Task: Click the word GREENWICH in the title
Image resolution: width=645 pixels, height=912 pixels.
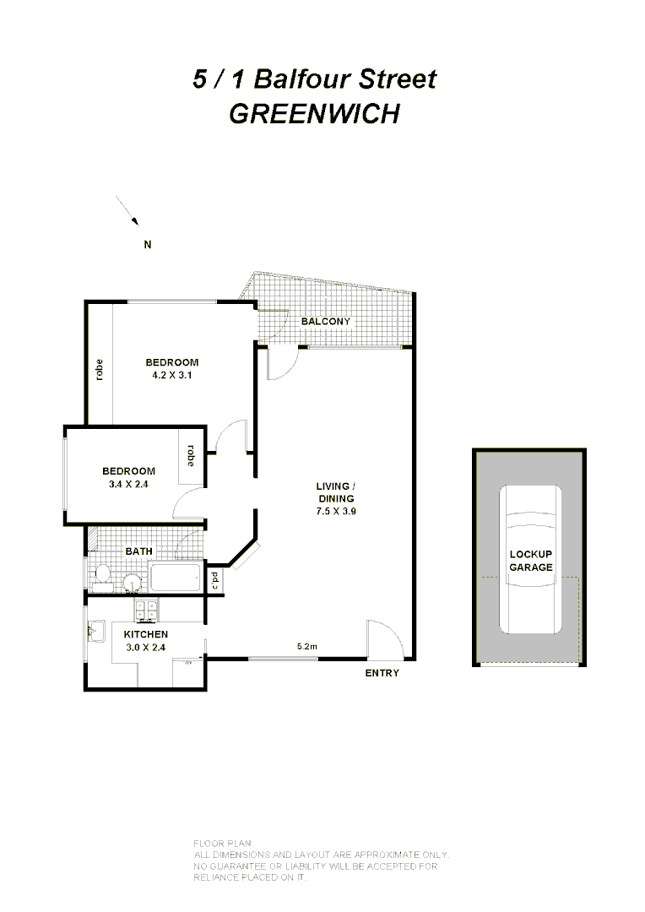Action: pos(314,113)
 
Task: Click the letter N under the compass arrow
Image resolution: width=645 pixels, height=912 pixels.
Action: pos(147,246)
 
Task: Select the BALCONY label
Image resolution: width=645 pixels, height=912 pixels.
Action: pos(326,322)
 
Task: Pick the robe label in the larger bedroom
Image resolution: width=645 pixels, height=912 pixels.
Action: pos(100,371)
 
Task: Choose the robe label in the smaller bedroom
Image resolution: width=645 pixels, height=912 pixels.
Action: pos(191,456)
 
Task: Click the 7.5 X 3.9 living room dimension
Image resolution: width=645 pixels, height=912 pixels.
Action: pos(335,511)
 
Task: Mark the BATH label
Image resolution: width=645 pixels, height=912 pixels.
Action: pos(139,551)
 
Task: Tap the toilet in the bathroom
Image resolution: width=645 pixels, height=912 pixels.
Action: pos(102,575)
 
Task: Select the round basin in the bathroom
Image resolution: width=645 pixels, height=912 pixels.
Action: pos(130,583)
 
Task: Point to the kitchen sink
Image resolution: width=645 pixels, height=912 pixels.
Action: pos(95,629)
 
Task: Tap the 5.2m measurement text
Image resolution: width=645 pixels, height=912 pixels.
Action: pos(306,648)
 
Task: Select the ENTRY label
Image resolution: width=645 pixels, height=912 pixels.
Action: pos(382,673)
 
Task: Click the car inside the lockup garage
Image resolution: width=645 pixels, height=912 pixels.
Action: pos(530,560)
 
